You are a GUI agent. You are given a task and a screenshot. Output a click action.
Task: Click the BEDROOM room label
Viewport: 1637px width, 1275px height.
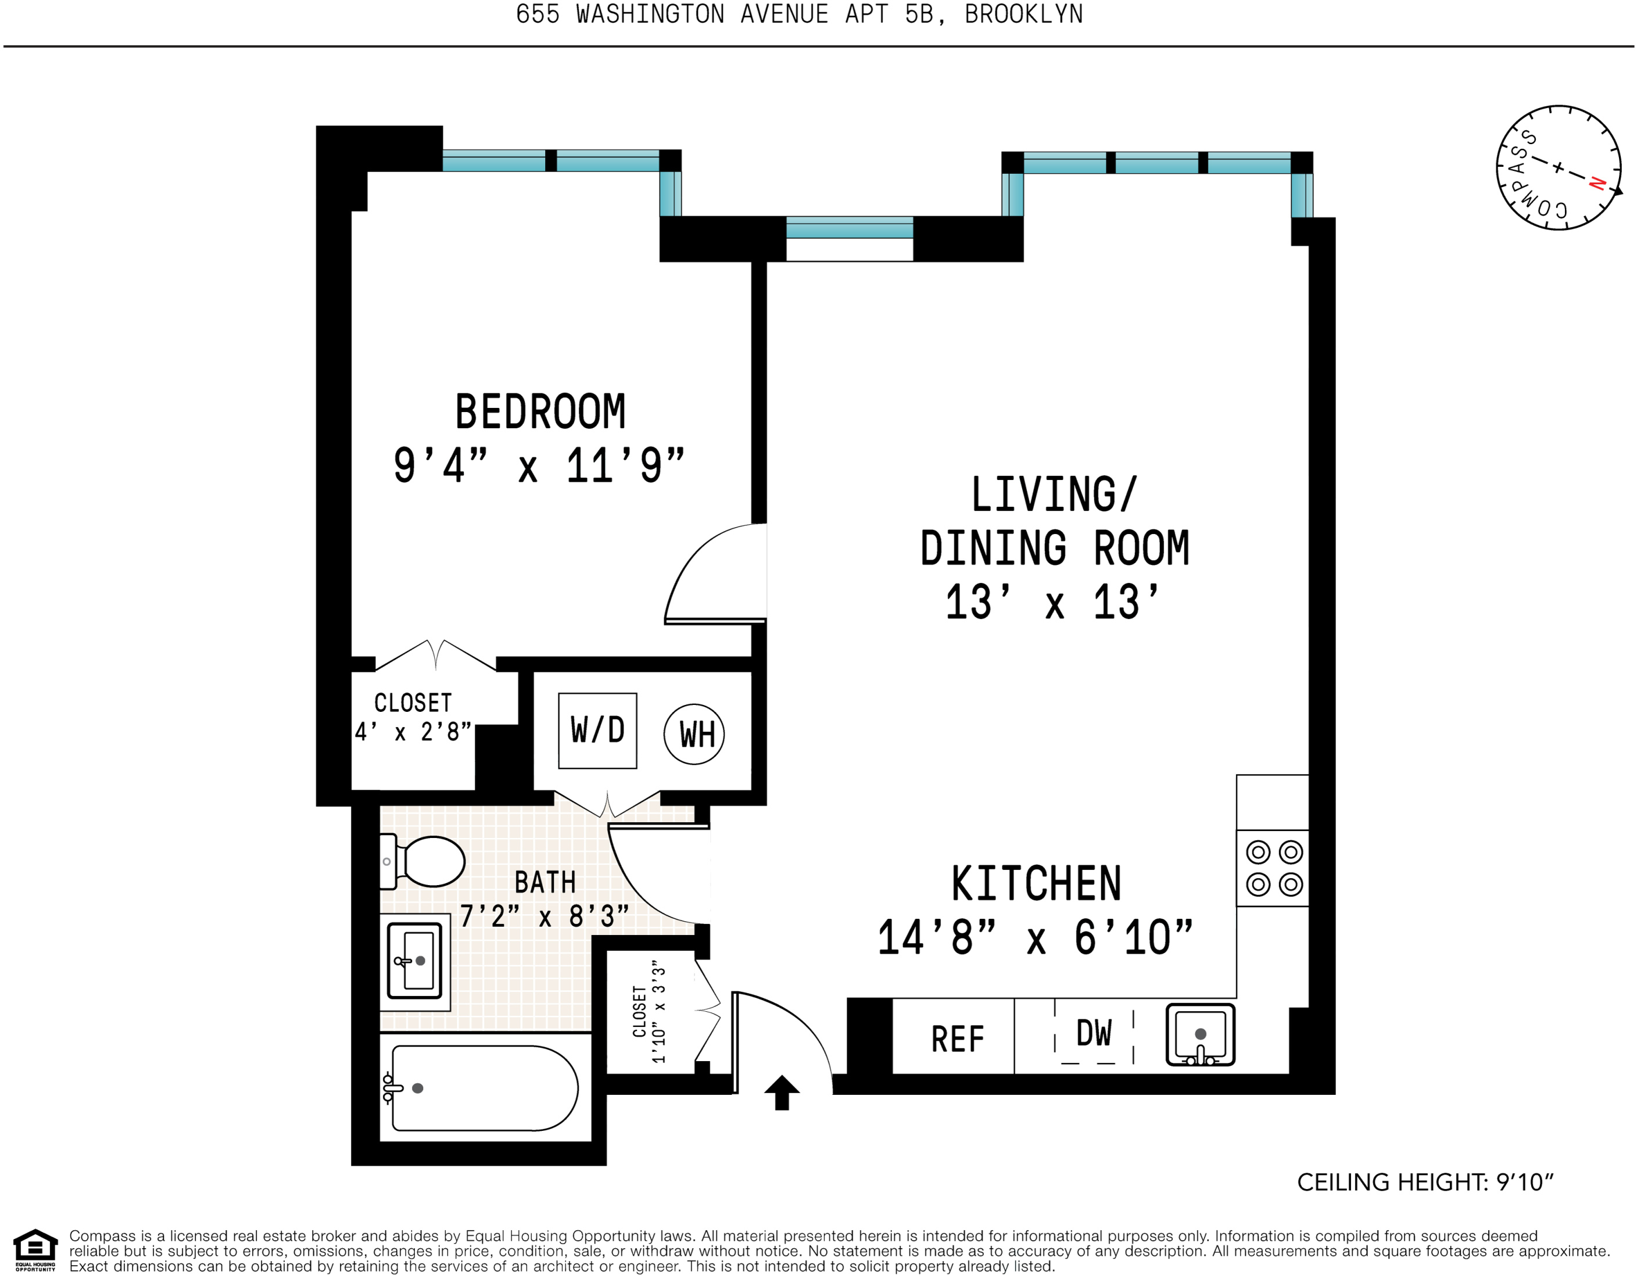(x=540, y=411)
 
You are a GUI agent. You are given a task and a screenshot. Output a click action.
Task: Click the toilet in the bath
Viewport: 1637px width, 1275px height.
(x=422, y=861)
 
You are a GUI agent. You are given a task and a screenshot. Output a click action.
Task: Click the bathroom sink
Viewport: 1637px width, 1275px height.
(x=414, y=961)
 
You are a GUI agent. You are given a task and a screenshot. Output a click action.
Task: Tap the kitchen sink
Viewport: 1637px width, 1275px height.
(x=1200, y=1035)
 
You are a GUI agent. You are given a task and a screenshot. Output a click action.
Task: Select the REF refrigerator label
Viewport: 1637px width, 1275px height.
(x=957, y=1040)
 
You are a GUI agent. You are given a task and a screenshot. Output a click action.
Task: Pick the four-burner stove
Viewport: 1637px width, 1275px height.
(x=1273, y=868)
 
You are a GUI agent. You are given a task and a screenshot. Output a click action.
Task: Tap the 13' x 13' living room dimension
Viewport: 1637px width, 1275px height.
(x=1052, y=602)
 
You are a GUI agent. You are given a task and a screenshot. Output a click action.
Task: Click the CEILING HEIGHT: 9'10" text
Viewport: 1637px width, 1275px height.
(x=1425, y=1182)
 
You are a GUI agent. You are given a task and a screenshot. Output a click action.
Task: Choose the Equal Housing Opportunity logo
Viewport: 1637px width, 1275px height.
(x=35, y=1249)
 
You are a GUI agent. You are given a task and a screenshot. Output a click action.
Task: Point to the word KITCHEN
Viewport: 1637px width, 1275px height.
(x=1037, y=884)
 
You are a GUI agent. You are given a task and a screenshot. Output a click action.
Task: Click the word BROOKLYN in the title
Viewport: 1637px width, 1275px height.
(x=1024, y=15)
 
